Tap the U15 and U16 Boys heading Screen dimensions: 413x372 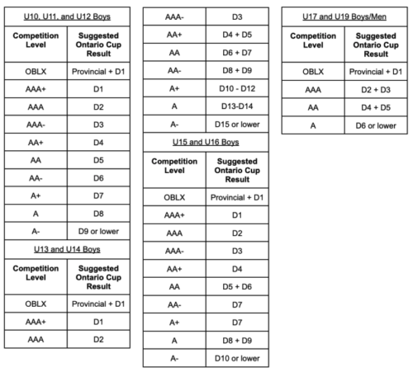coord(205,144)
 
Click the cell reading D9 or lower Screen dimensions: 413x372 coord(98,232)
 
